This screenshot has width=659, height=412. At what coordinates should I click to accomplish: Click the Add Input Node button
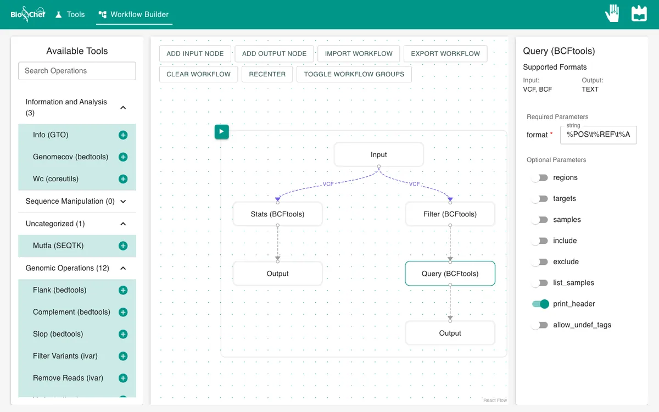195,54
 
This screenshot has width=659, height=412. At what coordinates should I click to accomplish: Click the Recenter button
267,74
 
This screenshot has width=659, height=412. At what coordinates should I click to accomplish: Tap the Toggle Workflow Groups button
354,74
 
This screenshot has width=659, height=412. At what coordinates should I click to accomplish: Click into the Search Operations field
77,71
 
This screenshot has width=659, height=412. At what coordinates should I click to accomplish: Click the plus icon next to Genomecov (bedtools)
123,157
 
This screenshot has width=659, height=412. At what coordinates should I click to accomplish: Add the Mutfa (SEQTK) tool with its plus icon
123,246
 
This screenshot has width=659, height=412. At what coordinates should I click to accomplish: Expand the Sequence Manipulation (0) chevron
123,202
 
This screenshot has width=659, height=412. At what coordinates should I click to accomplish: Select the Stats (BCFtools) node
277,214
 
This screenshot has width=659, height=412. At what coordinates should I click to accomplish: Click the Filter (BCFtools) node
450,214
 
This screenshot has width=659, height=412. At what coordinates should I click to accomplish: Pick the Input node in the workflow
378,154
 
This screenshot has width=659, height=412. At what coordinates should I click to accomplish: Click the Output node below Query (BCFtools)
450,333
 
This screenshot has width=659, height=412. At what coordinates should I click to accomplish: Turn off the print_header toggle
540,304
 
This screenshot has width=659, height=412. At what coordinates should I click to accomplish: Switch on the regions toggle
540,178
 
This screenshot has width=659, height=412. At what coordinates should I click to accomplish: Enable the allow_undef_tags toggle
540,325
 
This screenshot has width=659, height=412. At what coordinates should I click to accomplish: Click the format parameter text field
599,135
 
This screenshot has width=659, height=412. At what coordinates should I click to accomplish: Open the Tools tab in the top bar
70,14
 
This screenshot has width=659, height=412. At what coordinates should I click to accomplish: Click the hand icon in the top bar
612,13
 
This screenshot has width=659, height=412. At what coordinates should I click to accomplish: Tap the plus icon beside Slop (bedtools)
123,334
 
